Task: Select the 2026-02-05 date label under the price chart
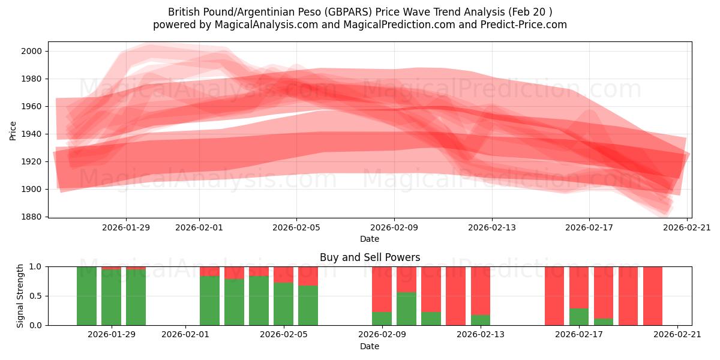coord(296,227)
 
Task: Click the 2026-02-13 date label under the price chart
coord(492,227)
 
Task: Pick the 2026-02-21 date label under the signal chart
coord(677,335)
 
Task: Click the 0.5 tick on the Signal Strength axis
coord(37,296)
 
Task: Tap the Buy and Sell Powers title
coord(370,257)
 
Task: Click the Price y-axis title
coord(13,130)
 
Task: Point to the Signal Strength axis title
coord(20,295)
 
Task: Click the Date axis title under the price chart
coord(370,239)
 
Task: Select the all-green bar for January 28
coord(86,296)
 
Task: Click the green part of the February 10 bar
coord(406,308)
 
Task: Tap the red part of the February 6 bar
coord(308,275)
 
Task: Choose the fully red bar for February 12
coord(455,296)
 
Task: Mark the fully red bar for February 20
coord(652,296)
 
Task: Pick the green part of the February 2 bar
coord(209,301)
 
